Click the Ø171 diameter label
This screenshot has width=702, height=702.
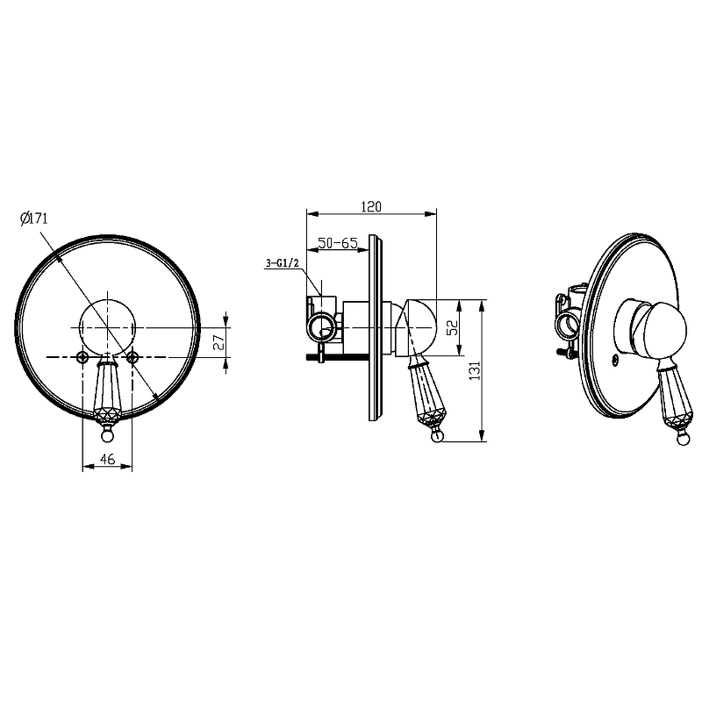[34, 218]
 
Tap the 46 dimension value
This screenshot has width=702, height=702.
[107, 459]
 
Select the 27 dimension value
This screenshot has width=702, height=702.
[219, 342]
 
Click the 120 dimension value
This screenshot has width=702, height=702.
[371, 207]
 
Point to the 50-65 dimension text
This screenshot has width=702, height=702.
[338, 243]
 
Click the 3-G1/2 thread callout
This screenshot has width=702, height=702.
[282, 263]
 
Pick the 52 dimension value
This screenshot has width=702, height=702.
[453, 327]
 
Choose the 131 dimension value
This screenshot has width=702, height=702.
[475, 370]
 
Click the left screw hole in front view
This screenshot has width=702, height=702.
[82, 357]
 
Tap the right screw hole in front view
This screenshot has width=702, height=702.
[133, 357]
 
